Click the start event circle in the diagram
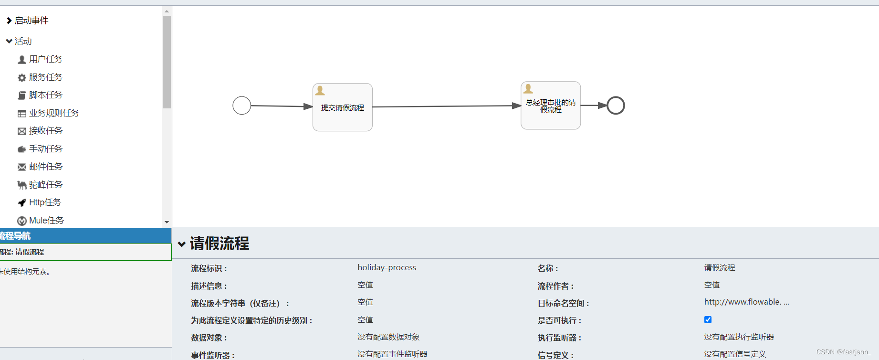pyautogui.click(x=242, y=106)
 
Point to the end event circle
pyautogui.click(x=616, y=106)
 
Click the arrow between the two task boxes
pyautogui.click(x=446, y=106)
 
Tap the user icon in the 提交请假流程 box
pyautogui.click(x=320, y=90)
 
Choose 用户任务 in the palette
pyautogui.click(x=45, y=59)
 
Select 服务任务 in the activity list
pyautogui.click(x=45, y=77)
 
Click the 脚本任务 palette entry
pyautogui.click(x=45, y=95)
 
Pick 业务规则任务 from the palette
pyautogui.click(x=53, y=113)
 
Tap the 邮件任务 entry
pyautogui.click(x=45, y=167)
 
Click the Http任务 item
pyautogui.click(x=44, y=202)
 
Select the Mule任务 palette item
pyautogui.click(x=46, y=221)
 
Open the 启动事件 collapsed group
pyautogui.click(x=31, y=21)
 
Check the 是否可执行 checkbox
pyautogui.click(x=708, y=320)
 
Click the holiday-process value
pyautogui.click(x=387, y=268)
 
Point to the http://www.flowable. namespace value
pyautogui.click(x=746, y=302)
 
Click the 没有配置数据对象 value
pyautogui.click(x=388, y=337)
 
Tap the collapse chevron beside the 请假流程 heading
pyautogui.click(x=182, y=244)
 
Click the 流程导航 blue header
pyautogui.click(x=85, y=236)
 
